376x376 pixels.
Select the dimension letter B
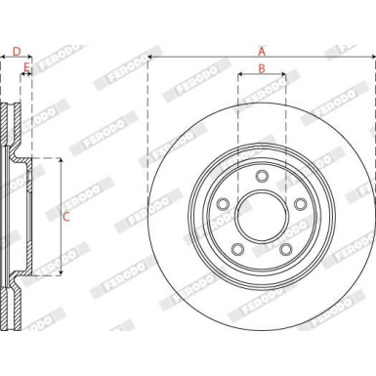click(x=261, y=67)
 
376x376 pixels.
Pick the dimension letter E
click(x=26, y=67)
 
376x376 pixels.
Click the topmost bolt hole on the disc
click(x=262, y=176)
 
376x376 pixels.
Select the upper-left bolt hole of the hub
click(x=224, y=204)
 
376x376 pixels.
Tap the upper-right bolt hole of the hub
click(x=300, y=204)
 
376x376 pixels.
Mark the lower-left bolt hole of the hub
click(x=238, y=248)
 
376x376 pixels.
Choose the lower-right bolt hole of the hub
click(x=285, y=248)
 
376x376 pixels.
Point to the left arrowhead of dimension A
click(x=150, y=58)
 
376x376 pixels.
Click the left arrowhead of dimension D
click(x=4, y=58)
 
